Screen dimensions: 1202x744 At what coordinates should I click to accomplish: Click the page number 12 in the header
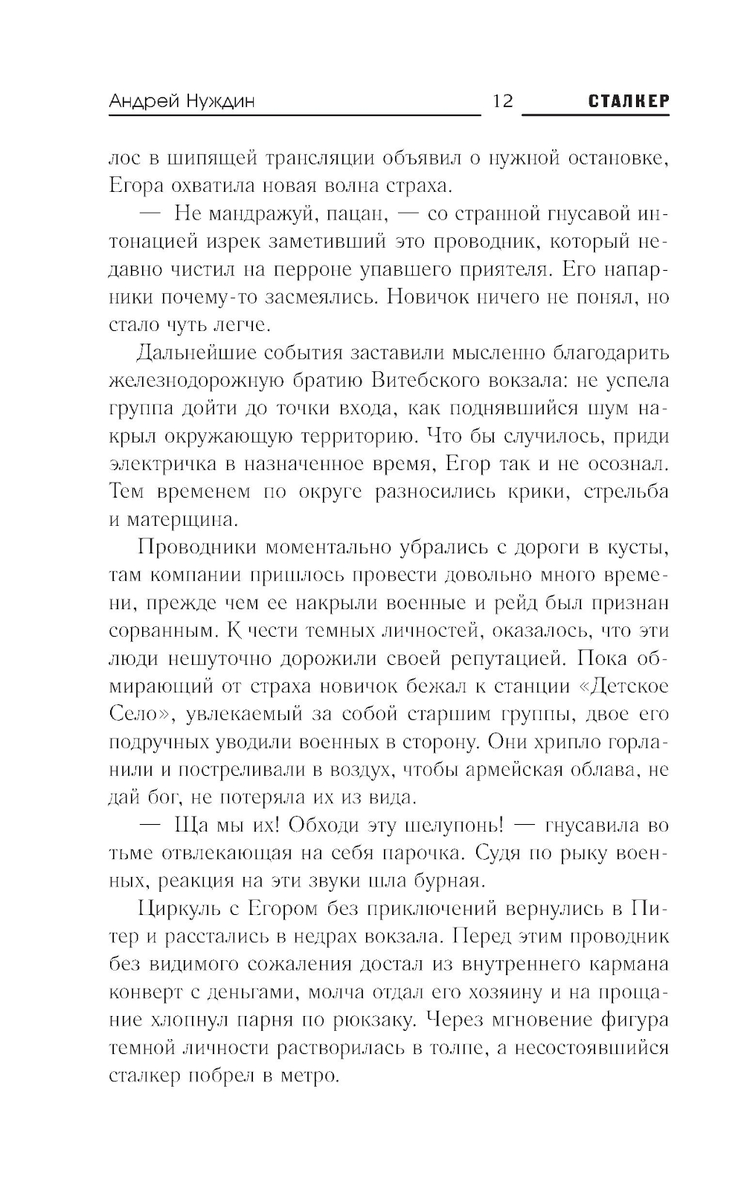coord(503,101)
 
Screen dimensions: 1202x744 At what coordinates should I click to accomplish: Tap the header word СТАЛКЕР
coord(629,101)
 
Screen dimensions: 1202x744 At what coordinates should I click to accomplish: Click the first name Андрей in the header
coord(141,102)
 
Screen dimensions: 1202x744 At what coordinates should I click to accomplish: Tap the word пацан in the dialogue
coord(357,214)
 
